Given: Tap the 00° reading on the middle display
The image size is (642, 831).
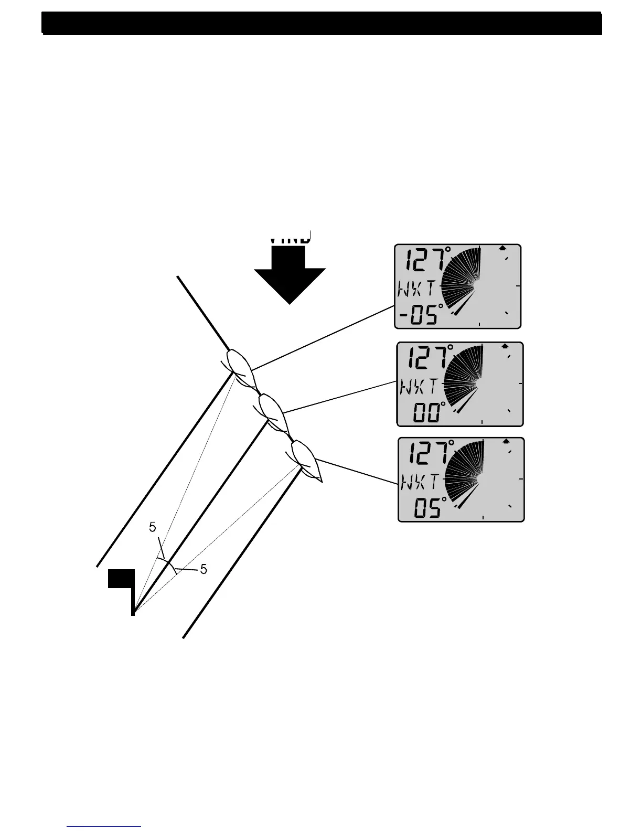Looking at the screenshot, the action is click(429, 413).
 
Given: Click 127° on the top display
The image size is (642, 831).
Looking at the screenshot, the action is click(428, 260).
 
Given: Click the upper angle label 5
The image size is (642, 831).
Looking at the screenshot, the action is click(152, 527).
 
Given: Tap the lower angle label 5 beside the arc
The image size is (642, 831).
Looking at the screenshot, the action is click(204, 569).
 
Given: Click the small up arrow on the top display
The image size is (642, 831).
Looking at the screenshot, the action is click(502, 248).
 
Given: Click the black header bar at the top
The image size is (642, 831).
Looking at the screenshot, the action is click(322, 23).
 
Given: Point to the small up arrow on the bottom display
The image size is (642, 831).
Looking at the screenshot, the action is click(506, 442).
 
